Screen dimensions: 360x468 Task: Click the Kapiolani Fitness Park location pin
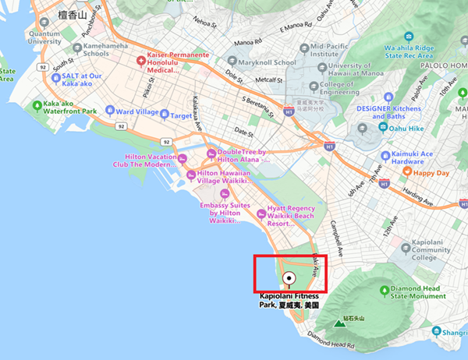(289, 277)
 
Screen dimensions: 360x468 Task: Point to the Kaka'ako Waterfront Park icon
(37, 104)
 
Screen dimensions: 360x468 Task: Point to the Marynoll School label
(272, 62)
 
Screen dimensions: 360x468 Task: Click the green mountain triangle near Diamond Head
(338, 322)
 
